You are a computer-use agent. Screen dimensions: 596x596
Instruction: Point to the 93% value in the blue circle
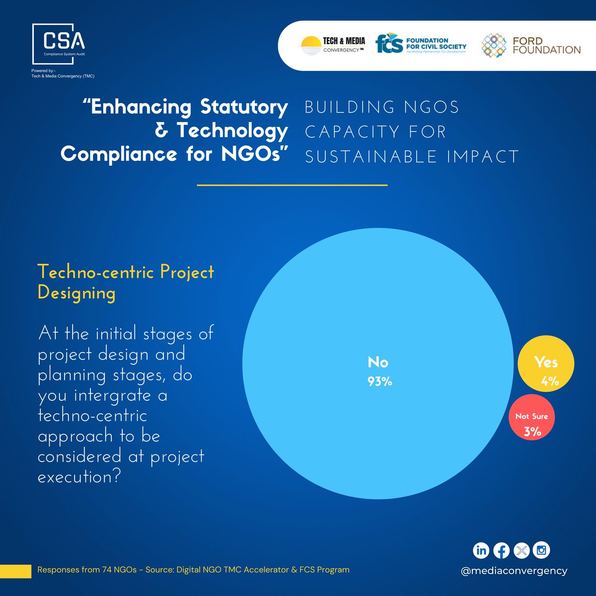point(380,381)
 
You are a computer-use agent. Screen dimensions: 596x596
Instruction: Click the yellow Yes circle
point(545,364)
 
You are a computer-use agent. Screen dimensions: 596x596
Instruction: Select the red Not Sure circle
point(531,417)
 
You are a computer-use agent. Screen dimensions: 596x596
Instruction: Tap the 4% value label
point(550,381)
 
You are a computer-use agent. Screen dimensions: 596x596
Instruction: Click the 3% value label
point(532,432)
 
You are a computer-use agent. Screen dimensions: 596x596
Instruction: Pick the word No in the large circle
point(378,362)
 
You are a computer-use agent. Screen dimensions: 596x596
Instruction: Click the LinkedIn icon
point(481,550)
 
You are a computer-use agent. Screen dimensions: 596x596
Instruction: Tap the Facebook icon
point(501,550)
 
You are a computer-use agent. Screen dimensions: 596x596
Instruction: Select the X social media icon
point(521,550)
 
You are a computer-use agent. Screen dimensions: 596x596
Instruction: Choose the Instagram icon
point(541,550)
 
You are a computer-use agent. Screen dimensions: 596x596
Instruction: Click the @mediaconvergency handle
point(514,571)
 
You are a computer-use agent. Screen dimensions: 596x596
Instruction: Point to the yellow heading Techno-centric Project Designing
point(126,282)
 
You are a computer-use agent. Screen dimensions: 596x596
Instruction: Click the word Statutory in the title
point(244,107)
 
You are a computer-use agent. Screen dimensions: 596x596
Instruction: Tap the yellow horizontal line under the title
point(292,185)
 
